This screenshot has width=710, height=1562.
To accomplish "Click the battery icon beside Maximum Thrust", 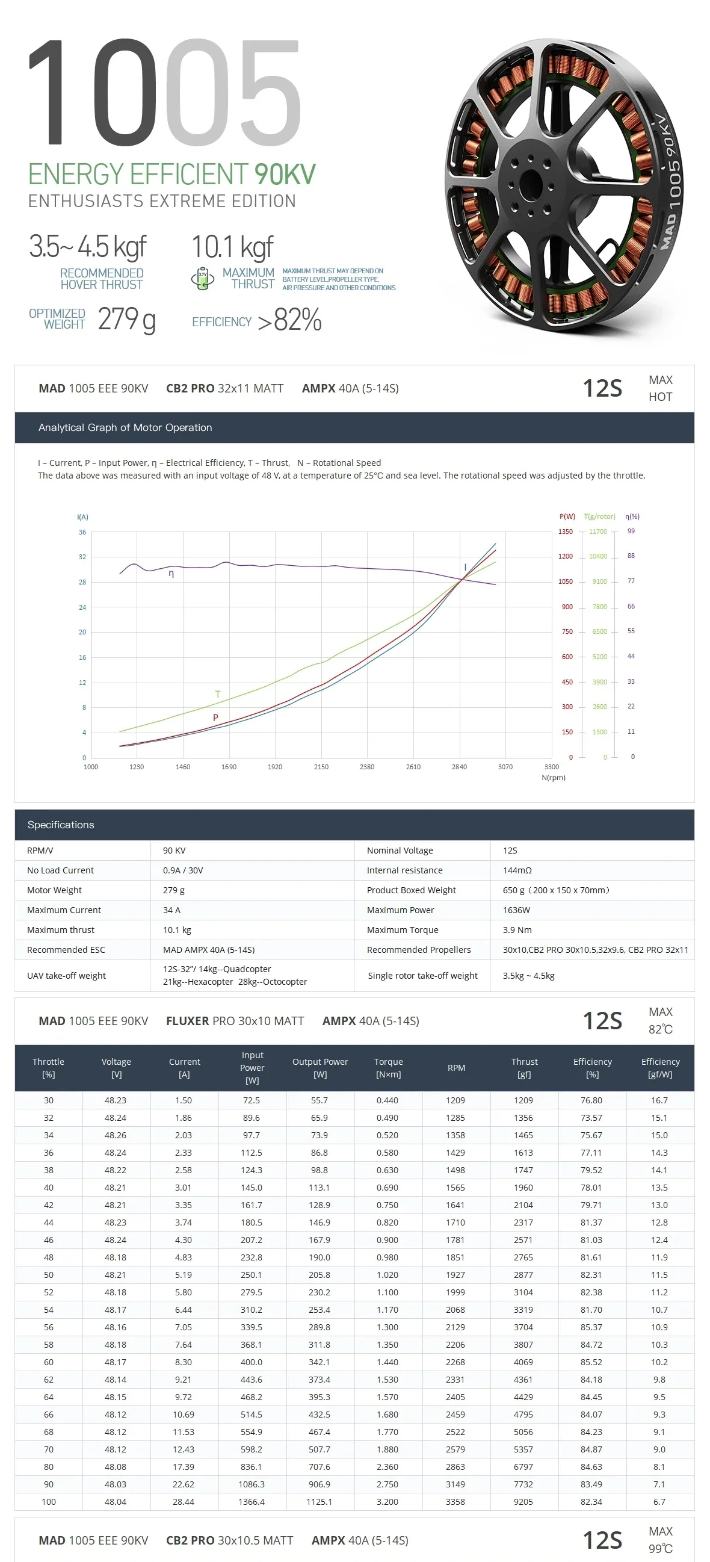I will [203, 278].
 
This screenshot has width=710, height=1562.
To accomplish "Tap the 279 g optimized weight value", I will [127, 319].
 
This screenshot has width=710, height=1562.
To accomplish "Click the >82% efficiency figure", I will [290, 320].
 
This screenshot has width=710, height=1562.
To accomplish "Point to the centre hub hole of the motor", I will [531, 182].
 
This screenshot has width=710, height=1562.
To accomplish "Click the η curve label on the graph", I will [171, 574].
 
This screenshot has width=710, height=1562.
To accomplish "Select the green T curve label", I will [218, 694].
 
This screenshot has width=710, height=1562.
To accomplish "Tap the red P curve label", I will [215, 718].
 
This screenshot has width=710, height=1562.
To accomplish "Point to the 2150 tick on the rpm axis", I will [321, 767].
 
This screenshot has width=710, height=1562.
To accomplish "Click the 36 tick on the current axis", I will [82, 532].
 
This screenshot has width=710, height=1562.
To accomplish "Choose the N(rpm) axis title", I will [553, 778].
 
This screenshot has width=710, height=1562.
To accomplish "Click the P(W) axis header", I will [567, 516].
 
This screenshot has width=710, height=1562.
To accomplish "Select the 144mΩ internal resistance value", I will [517, 870].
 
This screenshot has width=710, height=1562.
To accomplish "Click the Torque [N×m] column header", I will [388, 1068].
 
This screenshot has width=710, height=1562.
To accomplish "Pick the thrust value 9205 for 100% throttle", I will [523, 1501].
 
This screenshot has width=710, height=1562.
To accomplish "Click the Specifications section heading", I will [61, 825].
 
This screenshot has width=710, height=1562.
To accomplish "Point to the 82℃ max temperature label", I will [660, 1029].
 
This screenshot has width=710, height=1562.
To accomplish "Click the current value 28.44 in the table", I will [183, 1501].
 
